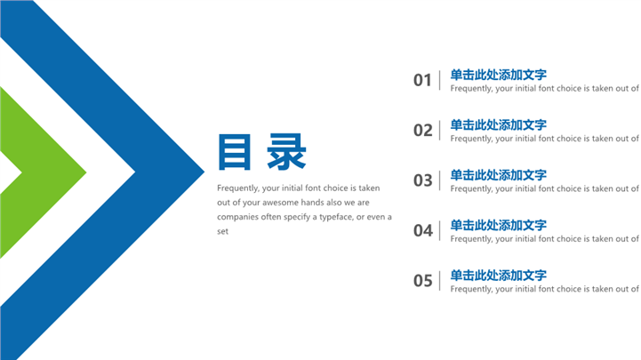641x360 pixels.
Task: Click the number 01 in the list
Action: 422,80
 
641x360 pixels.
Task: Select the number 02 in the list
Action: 422,131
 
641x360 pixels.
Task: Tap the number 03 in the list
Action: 422,180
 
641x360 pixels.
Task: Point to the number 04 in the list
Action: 422,230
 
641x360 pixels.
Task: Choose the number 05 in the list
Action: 422,281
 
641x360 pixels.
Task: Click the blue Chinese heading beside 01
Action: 499,75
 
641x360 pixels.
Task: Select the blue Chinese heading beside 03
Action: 499,175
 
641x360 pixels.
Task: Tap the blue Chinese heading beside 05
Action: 499,275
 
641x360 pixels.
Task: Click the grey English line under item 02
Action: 544,139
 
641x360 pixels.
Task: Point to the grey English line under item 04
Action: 544,239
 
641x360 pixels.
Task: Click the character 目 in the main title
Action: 234,152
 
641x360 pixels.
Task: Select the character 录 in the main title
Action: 286,152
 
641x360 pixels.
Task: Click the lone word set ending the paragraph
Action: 222,231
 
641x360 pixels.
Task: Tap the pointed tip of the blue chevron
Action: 204,172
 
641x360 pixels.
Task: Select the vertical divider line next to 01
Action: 440,80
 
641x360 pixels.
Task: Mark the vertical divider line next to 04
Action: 440,230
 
